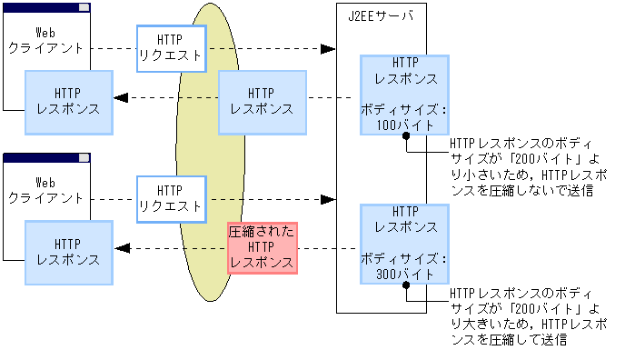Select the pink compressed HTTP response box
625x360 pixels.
click(263, 246)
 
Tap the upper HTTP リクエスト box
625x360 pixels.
click(170, 48)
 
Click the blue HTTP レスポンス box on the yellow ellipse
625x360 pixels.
click(263, 100)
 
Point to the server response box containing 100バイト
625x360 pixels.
click(404, 94)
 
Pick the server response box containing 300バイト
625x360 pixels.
click(404, 243)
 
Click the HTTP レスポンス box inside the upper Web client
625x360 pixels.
click(68, 100)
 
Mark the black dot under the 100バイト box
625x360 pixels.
click(407, 135)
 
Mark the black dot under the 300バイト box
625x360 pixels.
click(407, 284)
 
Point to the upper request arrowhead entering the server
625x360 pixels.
click(329, 48)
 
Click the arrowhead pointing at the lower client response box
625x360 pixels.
click(120, 248)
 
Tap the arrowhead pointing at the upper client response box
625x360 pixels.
click(120, 98)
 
